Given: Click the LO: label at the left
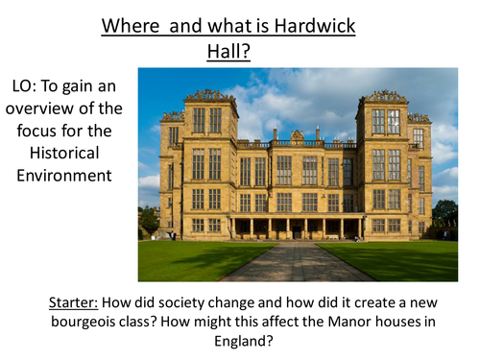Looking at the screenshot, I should [x=28, y=85].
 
